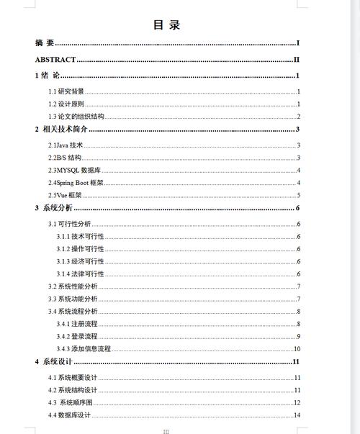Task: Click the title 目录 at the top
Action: (166, 25)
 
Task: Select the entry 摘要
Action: (45, 43)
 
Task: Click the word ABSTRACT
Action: (55, 60)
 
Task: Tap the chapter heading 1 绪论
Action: (47, 76)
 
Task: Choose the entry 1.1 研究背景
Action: (66, 91)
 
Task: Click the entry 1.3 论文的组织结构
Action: (76, 117)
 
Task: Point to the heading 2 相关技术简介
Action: (61, 130)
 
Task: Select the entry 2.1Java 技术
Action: (66, 145)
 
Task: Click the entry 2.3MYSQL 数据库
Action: (73, 171)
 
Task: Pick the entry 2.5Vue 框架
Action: (65, 195)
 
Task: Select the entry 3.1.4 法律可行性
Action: (81, 274)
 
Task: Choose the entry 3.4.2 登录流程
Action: (77, 336)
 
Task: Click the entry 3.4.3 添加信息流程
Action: (84, 348)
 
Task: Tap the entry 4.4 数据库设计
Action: (69, 415)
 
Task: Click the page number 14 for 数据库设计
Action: (297, 415)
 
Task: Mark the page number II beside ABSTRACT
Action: (296, 60)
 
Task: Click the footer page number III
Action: (166, 430)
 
